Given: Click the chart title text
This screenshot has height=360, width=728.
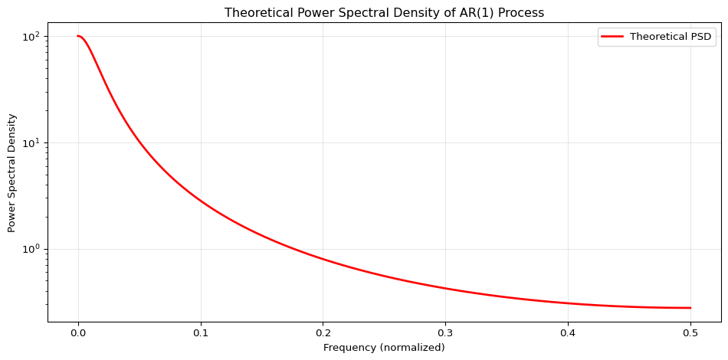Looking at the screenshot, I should (384, 13).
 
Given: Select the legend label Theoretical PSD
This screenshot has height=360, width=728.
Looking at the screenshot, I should (671, 37).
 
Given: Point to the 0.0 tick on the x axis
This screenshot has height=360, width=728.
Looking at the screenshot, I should (78, 334).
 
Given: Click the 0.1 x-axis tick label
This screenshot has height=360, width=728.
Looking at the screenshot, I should (201, 334).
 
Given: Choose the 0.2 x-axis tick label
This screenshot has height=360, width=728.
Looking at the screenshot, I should (323, 334).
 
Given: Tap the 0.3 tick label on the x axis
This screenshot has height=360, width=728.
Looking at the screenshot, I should (445, 334).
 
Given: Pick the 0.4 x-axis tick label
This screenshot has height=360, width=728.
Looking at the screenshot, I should (568, 334).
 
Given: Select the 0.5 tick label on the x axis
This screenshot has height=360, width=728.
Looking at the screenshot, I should (690, 334).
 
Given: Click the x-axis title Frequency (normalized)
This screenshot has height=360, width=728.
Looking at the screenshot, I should (384, 348).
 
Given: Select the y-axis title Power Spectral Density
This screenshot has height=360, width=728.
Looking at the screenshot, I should (12, 173).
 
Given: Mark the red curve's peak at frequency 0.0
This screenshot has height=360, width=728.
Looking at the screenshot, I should (78, 36).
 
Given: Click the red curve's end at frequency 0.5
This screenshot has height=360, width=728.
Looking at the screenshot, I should (690, 308).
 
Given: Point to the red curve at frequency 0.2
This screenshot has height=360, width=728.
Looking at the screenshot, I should (323, 260).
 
